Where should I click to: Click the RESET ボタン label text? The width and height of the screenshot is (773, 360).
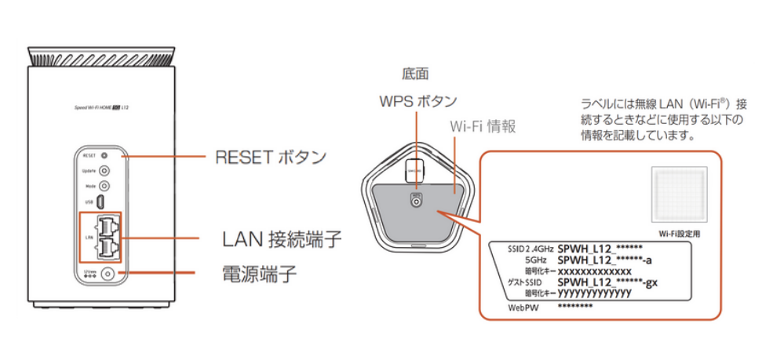click(270, 157)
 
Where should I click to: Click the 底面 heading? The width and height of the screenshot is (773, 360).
click(415, 75)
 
